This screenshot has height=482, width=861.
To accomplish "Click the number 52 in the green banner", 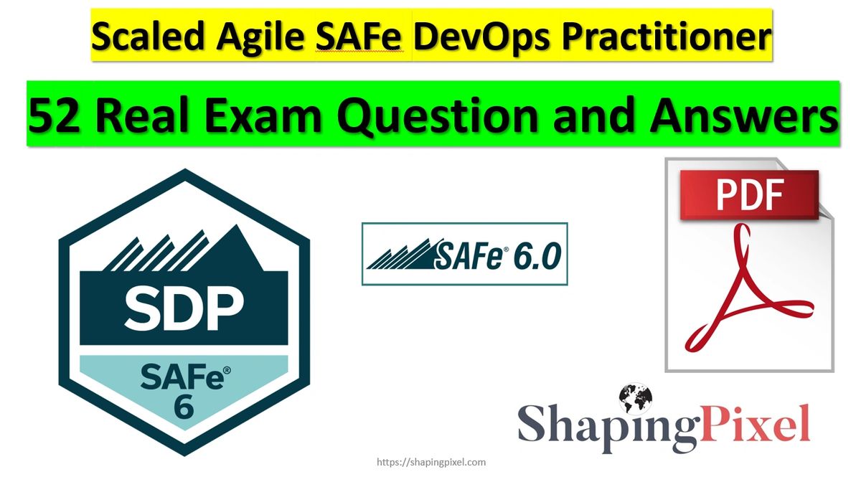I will click(57, 115).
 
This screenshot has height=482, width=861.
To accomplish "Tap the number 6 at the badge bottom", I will click(184, 407).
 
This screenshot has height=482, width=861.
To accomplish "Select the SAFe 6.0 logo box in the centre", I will click(464, 254).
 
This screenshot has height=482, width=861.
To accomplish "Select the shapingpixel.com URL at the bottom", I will click(431, 463).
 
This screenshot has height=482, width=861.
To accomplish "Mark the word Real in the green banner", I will click(149, 115).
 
